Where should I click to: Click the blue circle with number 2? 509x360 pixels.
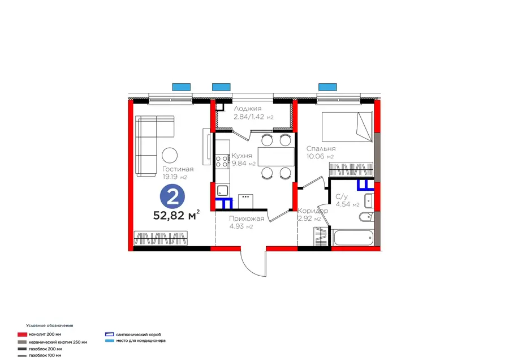[x=172, y=197]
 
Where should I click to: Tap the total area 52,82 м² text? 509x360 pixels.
[x=176, y=215]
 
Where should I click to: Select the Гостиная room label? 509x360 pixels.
[x=178, y=169]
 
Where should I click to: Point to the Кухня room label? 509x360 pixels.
[x=242, y=156]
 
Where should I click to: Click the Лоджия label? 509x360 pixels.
[x=248, y=109]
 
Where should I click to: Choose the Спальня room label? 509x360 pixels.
[x=321, y=148]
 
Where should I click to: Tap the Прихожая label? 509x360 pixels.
[x=247, y=218]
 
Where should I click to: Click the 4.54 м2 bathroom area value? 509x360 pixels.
[x=347, y=204]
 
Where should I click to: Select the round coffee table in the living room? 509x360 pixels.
[x=170, y=155]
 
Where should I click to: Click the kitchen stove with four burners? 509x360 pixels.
[x=222, y=162]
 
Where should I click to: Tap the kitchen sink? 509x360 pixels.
[x=223, y=190]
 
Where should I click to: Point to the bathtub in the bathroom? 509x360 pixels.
[x=353, y=238]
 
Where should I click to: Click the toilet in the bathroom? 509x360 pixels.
[x=366, y=216]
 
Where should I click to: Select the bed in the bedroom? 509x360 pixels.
[x=347, y=127]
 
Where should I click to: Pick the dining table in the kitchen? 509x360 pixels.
[x=276, y=157]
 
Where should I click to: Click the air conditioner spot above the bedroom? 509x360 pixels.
[x=327, y=87]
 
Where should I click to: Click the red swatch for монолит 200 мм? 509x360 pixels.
[x=22, y=335]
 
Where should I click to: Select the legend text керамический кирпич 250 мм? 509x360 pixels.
[x=58, y=342]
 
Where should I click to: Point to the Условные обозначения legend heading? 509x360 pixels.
[x=50, y=325]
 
